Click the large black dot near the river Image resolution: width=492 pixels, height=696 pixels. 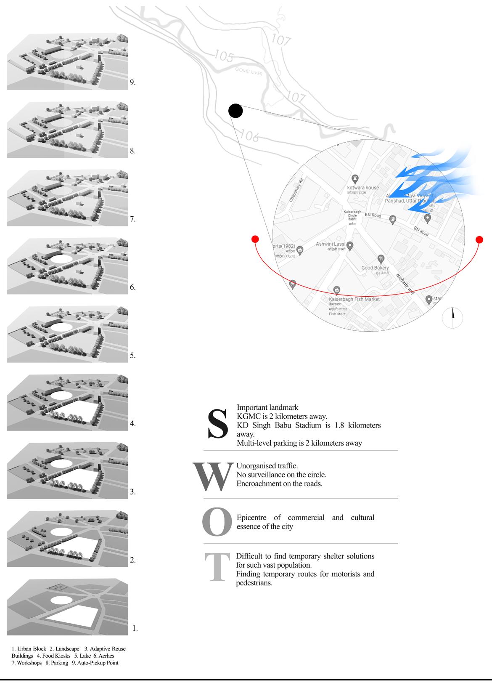pos(235,111)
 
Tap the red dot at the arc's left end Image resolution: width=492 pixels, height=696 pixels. pos(254,239)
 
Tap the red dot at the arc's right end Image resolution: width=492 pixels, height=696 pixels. pos(479,239)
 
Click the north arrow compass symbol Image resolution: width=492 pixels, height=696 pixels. pos(452,317)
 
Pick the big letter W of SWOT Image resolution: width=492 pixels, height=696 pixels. pos(213,477)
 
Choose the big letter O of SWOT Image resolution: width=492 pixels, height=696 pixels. pos(217,522)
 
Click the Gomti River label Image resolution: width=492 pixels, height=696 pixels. pos(249,73)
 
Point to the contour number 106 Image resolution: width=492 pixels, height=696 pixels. pos(249,135)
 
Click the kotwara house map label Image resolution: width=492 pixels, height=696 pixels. pos(363,188)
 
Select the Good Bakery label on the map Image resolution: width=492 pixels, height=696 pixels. pos(375,268)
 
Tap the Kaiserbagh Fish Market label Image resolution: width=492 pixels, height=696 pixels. pos(354,299)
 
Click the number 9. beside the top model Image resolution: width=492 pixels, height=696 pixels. pos(132,82)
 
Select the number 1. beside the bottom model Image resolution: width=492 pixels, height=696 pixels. pos(135,628)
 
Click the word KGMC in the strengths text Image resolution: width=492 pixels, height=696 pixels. pos(248,416)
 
